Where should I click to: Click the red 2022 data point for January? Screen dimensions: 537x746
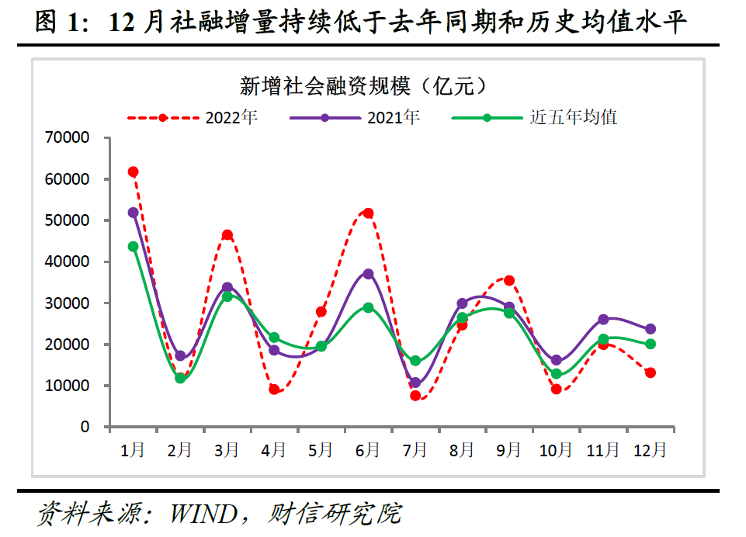(133, 171)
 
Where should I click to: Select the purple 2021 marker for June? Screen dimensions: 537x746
(368, 274)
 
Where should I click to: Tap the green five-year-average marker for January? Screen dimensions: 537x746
(133, 247)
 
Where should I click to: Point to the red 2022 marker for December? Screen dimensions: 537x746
(650, 372)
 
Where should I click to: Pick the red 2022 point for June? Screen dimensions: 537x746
(368, 213)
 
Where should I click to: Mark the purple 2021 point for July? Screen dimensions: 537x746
(415, 383)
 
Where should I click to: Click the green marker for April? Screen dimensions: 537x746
(274, 338)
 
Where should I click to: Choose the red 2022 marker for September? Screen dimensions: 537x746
(509, 280)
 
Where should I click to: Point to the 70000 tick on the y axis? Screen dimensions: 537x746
(68, 138)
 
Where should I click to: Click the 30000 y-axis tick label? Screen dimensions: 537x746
(68, 303)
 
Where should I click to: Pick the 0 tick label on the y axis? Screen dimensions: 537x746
(85, 427)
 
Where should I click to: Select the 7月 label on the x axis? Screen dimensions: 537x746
(415, 449)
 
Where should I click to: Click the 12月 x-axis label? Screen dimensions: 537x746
(650, 449)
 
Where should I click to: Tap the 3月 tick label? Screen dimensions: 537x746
(227, 449)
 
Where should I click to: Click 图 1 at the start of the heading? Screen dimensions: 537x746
(57, 23)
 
